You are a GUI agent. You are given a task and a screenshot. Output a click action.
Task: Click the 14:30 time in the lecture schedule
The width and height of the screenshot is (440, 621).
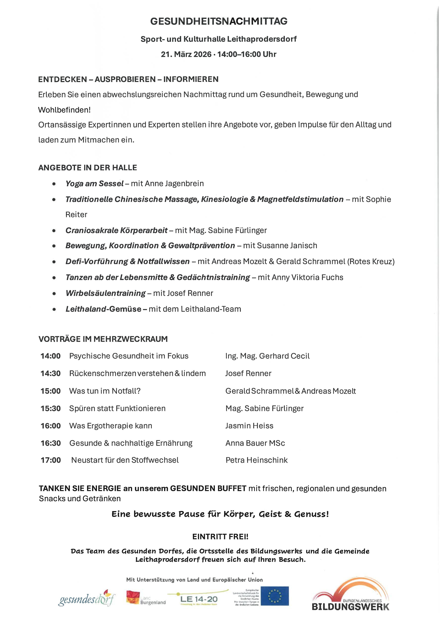pos(51,374)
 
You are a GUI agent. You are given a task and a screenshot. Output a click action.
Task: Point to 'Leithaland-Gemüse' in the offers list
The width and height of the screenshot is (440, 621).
pos(103,309)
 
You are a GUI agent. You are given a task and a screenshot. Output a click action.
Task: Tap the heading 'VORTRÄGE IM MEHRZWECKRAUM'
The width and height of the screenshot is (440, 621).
pos(103,339)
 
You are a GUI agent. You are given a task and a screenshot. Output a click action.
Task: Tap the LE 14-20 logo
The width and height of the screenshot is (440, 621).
pos(199,599)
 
